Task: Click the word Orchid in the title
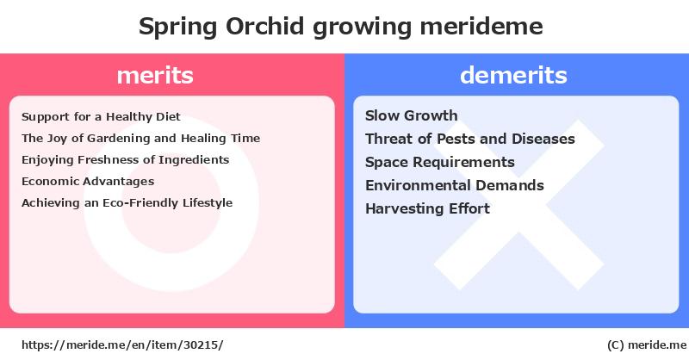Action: (264, 26)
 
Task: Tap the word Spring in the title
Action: (178, 28)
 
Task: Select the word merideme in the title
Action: (481, 26)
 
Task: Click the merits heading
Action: (155, 75)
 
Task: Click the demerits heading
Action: (513, 75)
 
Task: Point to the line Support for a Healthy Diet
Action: (101, 117)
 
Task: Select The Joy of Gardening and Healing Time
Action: (140, 139)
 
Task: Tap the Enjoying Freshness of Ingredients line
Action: (125, 160)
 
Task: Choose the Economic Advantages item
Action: (88, 182)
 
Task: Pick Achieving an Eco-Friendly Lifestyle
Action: (127, 203)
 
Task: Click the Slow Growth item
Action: (412, 115)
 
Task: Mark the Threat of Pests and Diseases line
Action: (470, 139)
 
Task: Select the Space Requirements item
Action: (440, 162)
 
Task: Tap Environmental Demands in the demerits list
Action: (455, 185)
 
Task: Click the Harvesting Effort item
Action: (427, 208)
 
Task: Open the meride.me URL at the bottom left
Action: (122, 345)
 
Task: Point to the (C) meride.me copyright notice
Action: (647, 345)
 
